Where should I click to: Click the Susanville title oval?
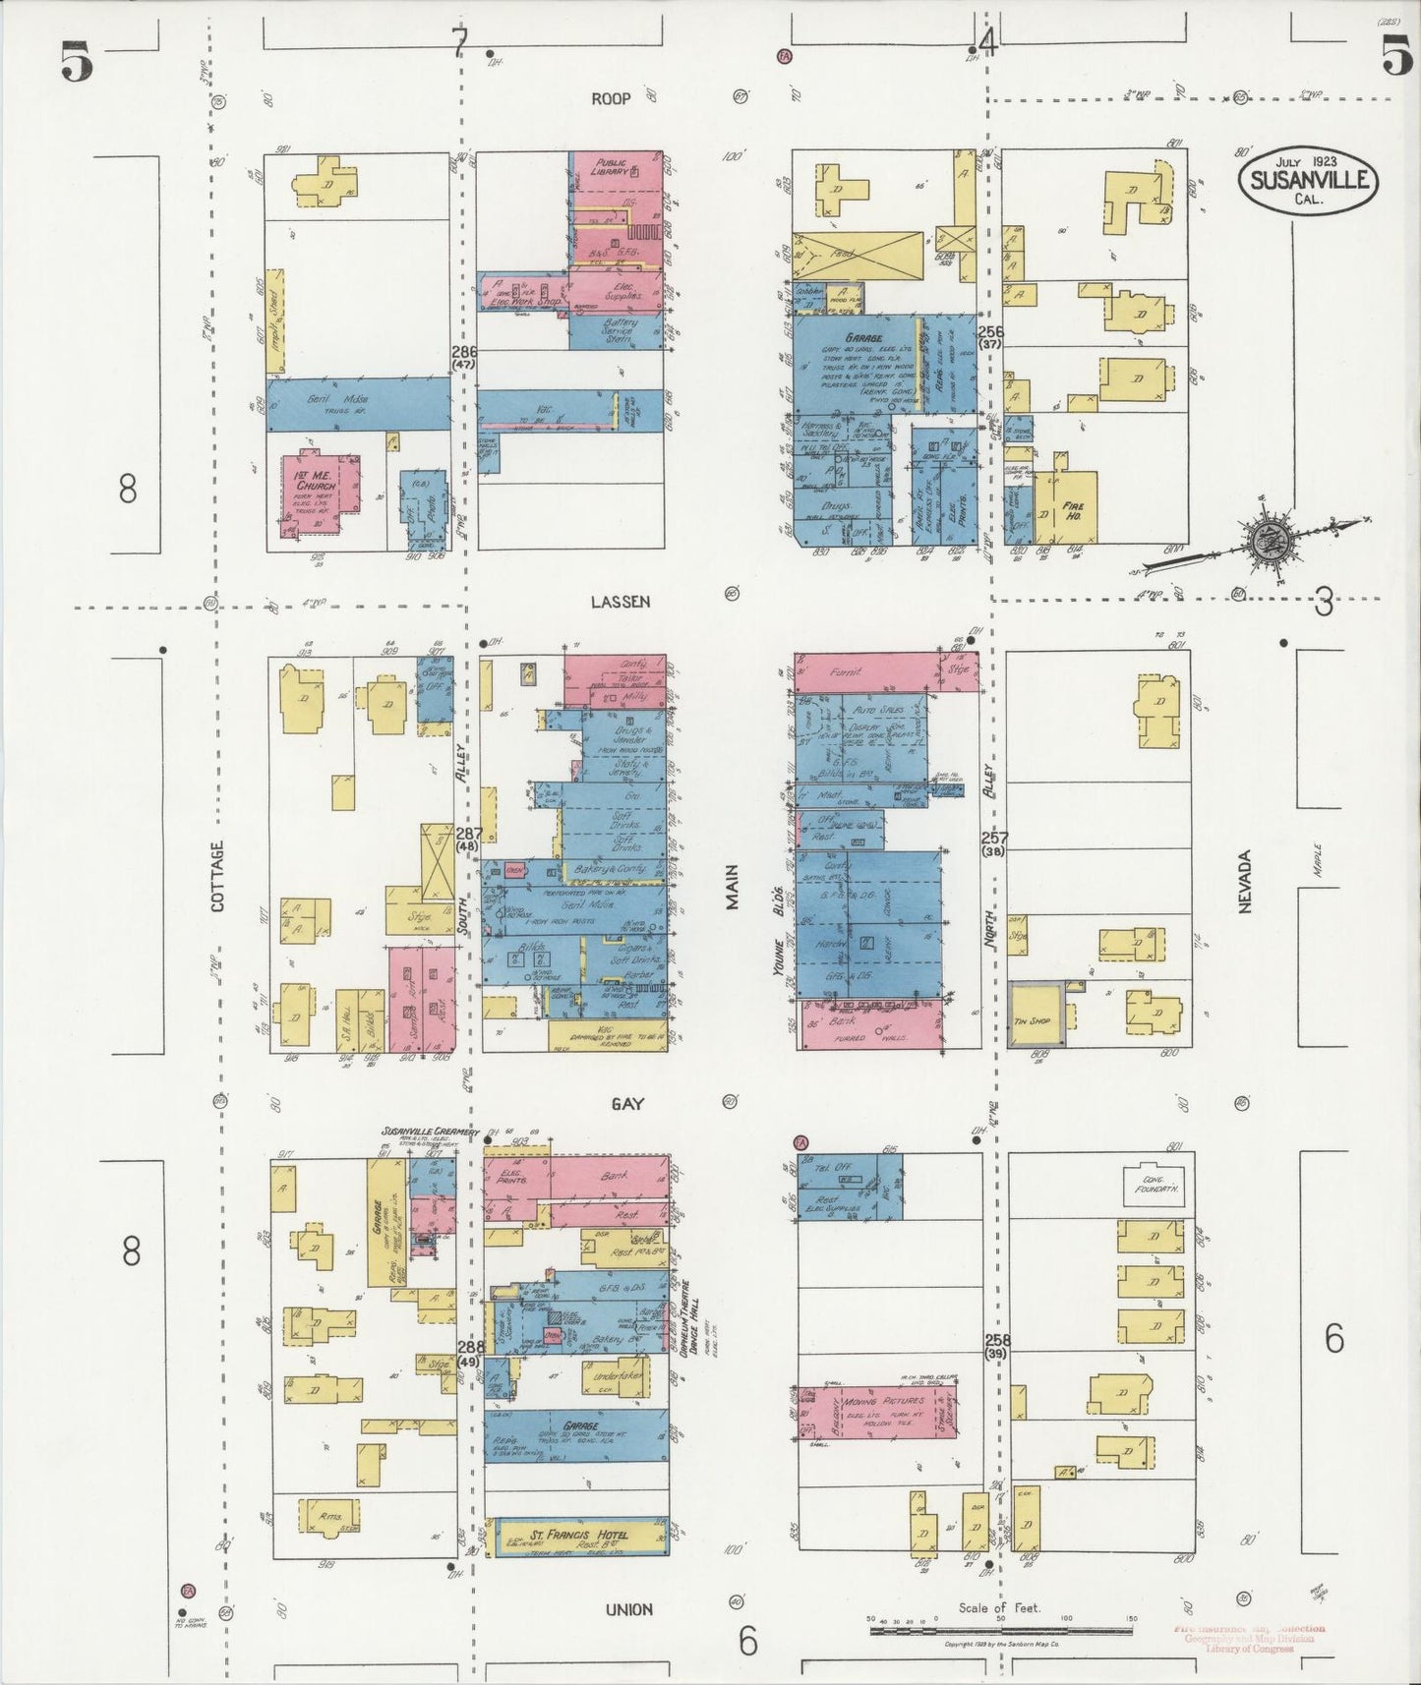(1309, 179)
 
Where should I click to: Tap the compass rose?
(1267, 537)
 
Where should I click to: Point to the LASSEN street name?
(621, 602)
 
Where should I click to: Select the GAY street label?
(627, 1104)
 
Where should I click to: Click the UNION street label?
(628, 1609)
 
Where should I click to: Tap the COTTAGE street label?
(217, 874)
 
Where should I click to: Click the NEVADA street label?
(1244, 882)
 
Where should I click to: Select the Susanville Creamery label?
(430, 1133)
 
